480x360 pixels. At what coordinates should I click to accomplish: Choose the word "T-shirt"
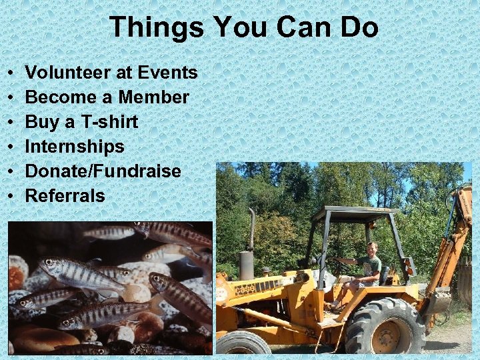point(107,122)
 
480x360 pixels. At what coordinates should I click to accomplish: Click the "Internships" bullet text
point(75,147)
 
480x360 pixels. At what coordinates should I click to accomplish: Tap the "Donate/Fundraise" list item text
point(103,171)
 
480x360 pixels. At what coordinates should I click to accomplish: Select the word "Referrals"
point(65,196)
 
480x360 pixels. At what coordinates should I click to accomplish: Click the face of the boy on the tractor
point(372,249)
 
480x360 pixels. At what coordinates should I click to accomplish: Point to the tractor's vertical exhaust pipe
point(251,230)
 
